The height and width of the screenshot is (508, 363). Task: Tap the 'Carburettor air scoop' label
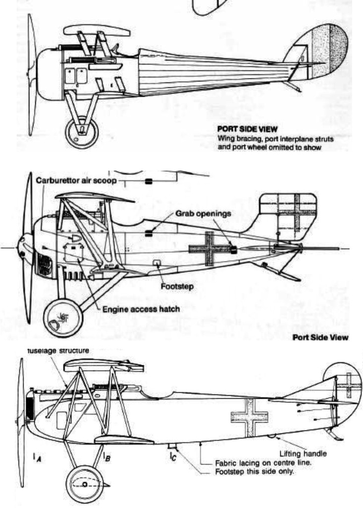coord(76,181)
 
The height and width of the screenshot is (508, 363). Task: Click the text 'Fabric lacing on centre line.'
coord(256,462)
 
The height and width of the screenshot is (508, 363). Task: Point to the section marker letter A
coord(36,458)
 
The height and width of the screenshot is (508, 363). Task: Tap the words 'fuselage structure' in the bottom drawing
coord(58,351)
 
